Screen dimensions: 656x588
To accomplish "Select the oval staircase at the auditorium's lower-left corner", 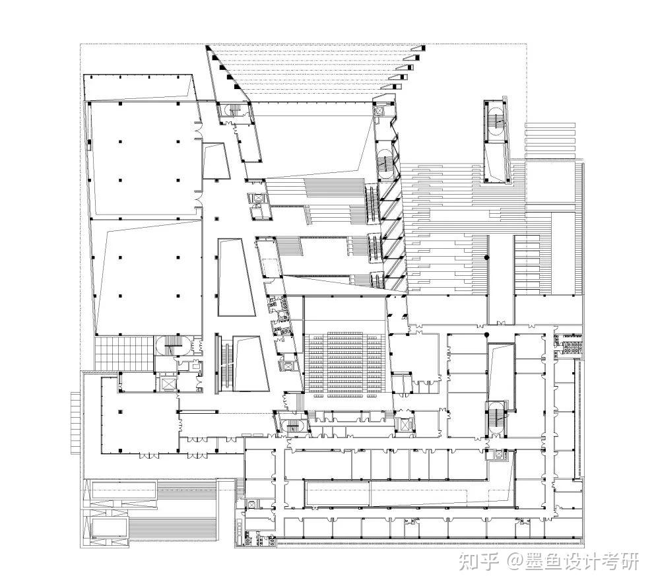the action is click(x=291, y=424).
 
